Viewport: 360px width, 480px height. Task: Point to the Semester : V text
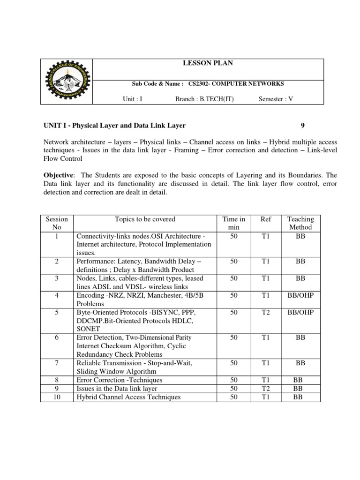click(276, 99)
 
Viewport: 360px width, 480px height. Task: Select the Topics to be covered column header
click(145, 219)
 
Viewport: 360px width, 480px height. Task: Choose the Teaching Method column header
click(300, 223)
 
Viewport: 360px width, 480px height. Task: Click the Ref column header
click(265, 219)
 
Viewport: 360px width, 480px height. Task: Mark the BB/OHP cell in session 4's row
click(300, 295)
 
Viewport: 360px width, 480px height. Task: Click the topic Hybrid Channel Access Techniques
click(128, 397)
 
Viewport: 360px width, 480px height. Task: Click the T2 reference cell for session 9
click(265, 389)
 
